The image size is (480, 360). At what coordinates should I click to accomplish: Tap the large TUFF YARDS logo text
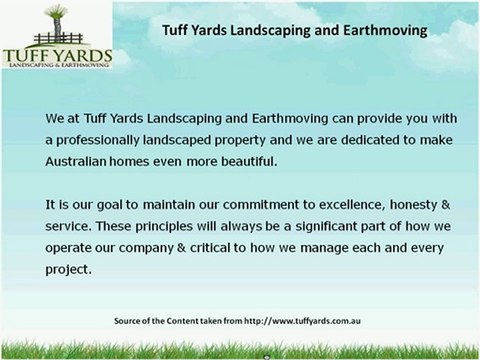tap(57, 50)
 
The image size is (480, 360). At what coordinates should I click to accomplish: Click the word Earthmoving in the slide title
tap(388, 30)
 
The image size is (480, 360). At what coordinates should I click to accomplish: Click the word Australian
tap(80, 159)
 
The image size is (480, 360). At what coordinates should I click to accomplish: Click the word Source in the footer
tap(131, 321)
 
